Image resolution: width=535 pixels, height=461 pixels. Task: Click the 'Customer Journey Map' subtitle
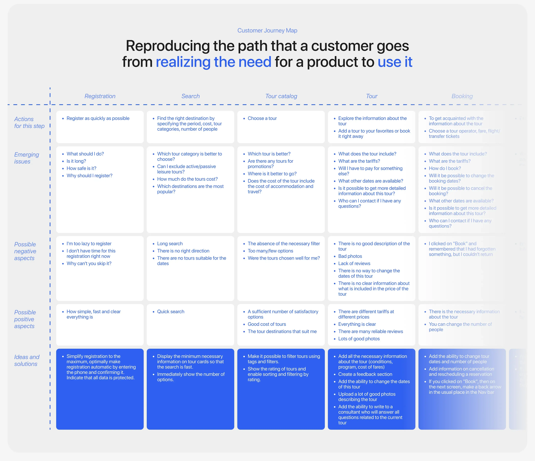coord(267,30)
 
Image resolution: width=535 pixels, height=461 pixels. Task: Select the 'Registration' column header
coord(100,96)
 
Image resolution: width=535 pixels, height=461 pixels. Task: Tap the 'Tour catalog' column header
coord(281,96)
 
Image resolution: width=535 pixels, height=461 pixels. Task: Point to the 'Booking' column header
coord(462,96)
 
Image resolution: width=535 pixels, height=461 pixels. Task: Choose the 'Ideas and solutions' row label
coord(27,360)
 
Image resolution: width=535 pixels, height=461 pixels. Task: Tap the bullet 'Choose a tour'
coord(262,118)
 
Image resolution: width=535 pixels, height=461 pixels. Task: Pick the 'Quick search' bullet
coord(171,312)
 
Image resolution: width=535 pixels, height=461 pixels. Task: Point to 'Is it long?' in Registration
coord(76,161)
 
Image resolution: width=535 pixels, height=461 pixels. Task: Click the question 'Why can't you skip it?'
coord(89,263)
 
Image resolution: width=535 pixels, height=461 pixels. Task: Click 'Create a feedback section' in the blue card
coord(365,374)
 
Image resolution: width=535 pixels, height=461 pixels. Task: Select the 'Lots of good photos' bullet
coord(359,339)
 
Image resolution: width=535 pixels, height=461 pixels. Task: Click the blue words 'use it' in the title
coord(395,62)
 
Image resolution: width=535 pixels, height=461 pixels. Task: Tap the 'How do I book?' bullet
coord(445,168)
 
